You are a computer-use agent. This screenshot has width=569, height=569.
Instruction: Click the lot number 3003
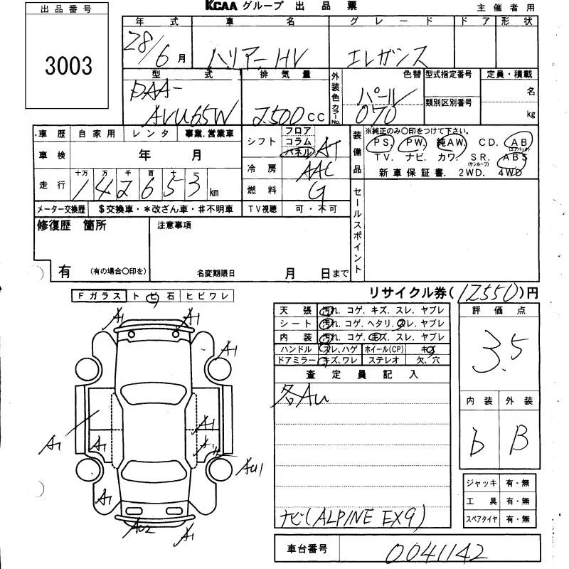click(x=69, y=66)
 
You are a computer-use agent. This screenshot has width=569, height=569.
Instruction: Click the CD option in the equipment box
click(x=487, y=142)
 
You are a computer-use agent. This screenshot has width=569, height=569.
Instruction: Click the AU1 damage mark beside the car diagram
click(x=251, y=469)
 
